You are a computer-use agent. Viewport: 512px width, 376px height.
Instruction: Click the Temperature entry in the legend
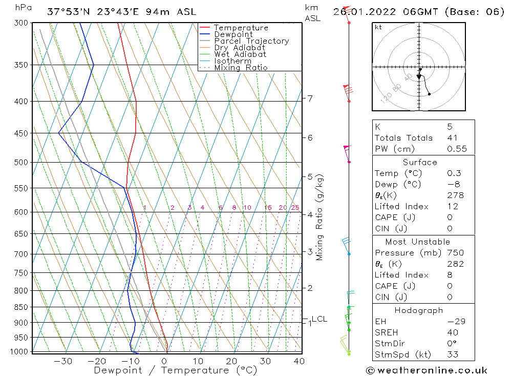[x=241, y=28]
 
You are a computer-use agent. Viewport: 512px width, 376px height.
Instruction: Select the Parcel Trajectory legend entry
[x=251, y=41]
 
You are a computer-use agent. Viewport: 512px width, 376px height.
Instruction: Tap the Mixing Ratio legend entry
[x=241, y=67]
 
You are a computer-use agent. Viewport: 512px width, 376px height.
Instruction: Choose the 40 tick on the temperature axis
[x=299, y=361]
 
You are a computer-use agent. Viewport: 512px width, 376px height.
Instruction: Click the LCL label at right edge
[x=319, y=319]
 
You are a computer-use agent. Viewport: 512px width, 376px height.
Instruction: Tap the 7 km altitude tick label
[x=310, y=98]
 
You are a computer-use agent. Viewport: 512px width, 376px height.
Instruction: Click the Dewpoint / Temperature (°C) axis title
[x=175, y=370]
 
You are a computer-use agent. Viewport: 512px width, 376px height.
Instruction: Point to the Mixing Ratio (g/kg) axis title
[x=319, y=217]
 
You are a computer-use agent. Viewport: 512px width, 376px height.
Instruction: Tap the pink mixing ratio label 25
[x=295, y=208]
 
